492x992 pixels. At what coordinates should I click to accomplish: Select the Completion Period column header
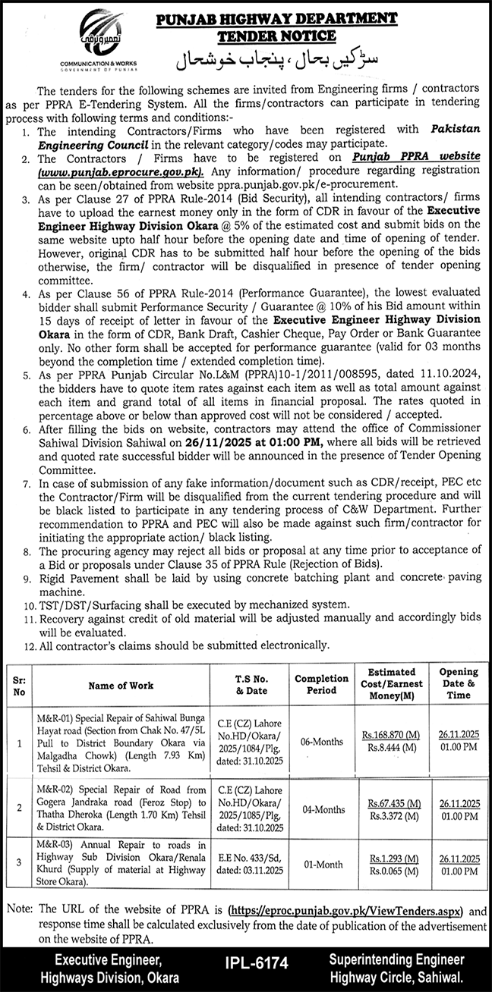(x=321, y=684)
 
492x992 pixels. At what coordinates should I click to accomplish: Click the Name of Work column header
(x=121, y=685)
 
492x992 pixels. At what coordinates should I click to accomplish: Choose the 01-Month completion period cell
(x=321, y=865)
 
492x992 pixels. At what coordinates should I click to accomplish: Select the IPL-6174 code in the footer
(x=257, y=963)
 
